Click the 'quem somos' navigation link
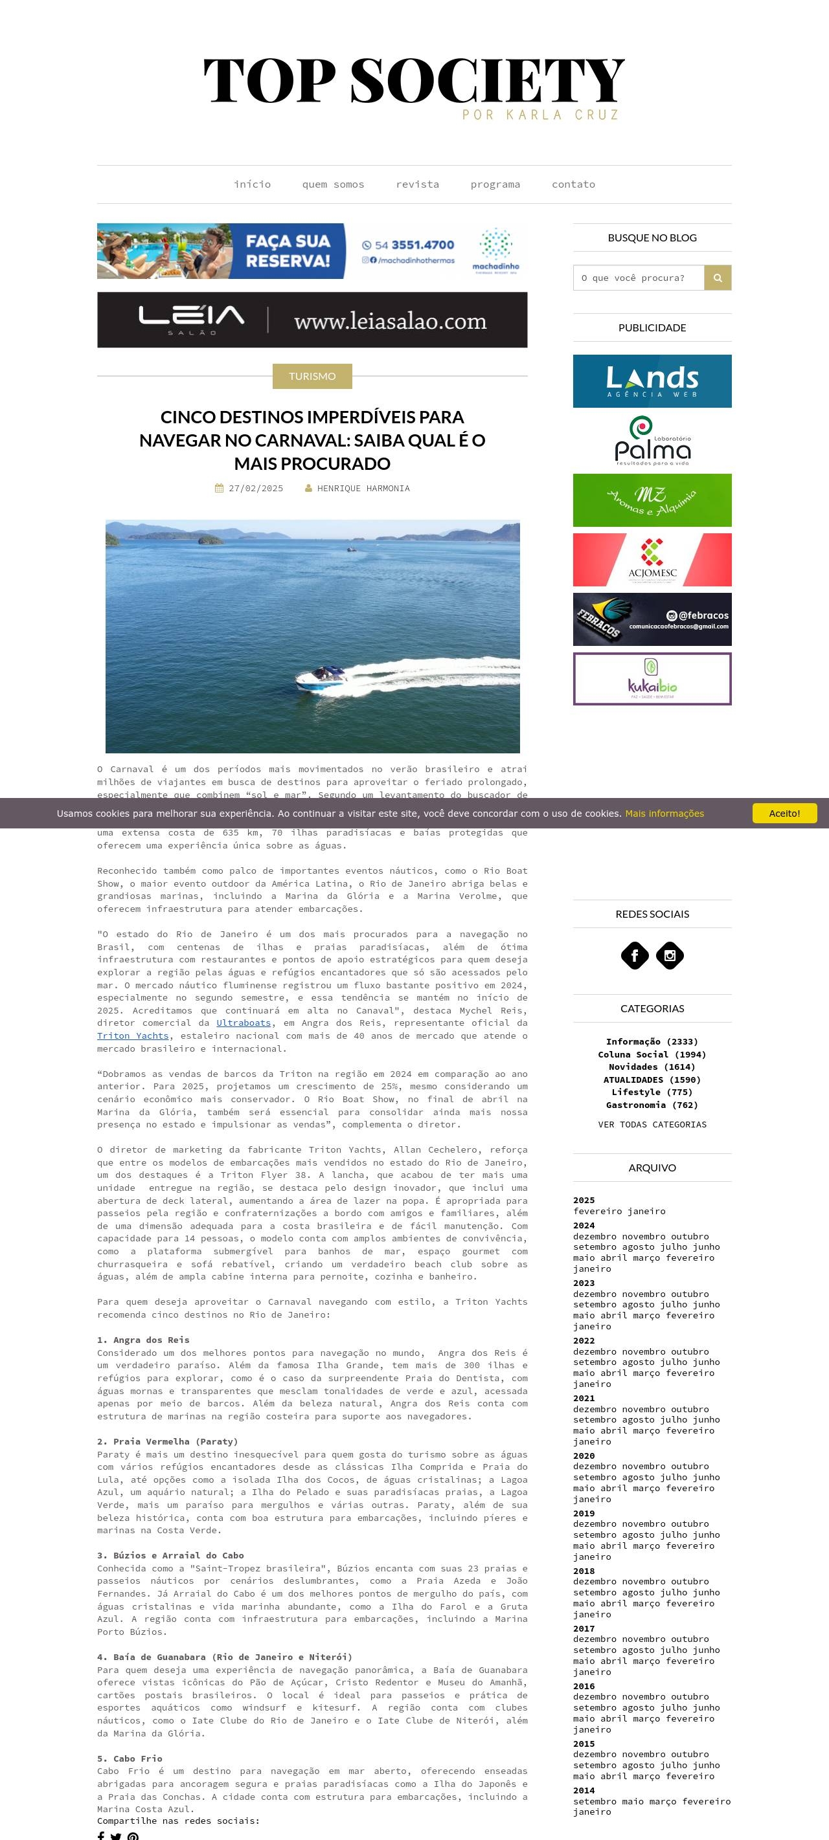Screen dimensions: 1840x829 pos(333,184)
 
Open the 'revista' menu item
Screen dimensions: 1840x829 pos(417,184)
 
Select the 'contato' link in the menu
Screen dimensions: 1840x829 pos(573,184)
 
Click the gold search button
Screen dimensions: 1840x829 pos(718,278)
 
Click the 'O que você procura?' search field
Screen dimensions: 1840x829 pos(638,278)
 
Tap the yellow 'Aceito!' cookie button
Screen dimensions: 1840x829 pos(784,813)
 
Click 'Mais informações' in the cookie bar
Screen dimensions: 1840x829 pos(664,814)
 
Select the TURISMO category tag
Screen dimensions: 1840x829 pos(312,377)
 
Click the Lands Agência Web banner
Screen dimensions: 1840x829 pos(652,381)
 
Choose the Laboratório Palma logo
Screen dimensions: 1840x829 pos(652,441)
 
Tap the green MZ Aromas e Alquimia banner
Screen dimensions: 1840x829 pos(652,500)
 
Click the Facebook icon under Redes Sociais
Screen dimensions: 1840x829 pos(635,955)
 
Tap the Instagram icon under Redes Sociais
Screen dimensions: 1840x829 pos(670,955)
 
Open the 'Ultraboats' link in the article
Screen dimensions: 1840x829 pos(244,1023)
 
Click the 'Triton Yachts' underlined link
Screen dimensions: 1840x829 pos(133,1036)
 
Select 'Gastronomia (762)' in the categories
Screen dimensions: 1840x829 pos(652,1105)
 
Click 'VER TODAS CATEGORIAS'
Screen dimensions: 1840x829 pos(652,1124)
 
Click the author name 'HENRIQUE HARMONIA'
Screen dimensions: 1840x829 pos(363,489)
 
